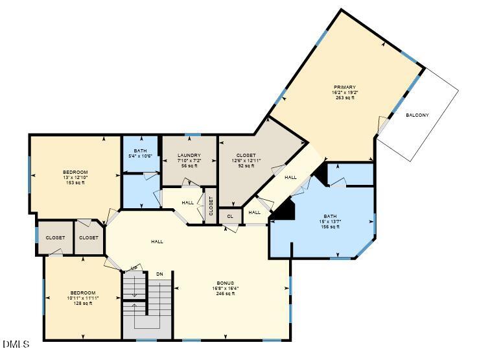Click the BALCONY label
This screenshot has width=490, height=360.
click(x=417, y=115)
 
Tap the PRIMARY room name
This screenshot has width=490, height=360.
click(x=345, y=87)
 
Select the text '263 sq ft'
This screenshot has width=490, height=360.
click(x=345, y=98)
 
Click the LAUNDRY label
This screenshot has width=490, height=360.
click(x=189, y=155)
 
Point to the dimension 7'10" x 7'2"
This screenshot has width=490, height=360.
click(x=189, y=160)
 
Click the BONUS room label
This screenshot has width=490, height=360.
click(x=225, y=283)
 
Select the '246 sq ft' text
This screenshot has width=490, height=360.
click(x=225, y=294)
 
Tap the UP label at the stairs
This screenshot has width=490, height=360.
click(x=134, y=269)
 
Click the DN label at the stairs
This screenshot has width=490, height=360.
click(x=159, y=274)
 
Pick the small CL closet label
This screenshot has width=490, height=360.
click(x=229, y=216)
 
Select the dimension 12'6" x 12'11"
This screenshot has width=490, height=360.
click(x=246, y=160)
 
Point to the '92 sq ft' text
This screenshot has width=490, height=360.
click(x=246, y=166)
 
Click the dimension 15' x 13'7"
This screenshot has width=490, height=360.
click(x=331, y=221)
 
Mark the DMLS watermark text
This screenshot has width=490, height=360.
click(x=16, y=344)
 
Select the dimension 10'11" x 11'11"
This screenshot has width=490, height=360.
click(x=83, y=298)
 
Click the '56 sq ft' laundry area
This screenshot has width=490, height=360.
click(x=189, y=166)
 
